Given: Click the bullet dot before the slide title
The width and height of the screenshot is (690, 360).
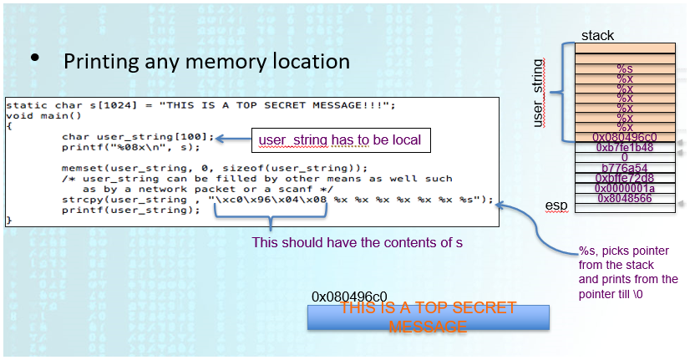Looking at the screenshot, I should point(35,58).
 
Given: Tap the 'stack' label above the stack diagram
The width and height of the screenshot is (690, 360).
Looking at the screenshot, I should point(597,35).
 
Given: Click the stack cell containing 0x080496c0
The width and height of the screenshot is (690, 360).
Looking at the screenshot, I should point(625,137).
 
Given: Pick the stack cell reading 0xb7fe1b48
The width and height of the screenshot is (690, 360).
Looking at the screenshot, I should point(625,147).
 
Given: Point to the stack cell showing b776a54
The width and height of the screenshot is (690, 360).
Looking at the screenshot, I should point(625,167).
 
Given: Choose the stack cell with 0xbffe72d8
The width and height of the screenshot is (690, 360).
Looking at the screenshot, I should point(625,178).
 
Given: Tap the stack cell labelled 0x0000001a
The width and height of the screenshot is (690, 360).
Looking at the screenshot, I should point(625,188).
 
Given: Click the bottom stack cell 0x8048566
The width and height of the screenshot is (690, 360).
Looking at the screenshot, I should point(625,198).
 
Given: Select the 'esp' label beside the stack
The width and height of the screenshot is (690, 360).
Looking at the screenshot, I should point(556,205).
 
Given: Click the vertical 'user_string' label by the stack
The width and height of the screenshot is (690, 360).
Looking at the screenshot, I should point(538,93).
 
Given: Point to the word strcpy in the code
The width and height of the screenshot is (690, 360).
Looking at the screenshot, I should point(82,200).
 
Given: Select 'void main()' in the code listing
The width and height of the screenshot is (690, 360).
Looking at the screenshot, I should point(33,115).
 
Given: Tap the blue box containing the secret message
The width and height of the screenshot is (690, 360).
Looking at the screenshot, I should point(428,317).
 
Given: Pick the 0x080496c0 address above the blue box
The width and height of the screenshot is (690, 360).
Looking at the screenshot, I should point(349,297).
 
